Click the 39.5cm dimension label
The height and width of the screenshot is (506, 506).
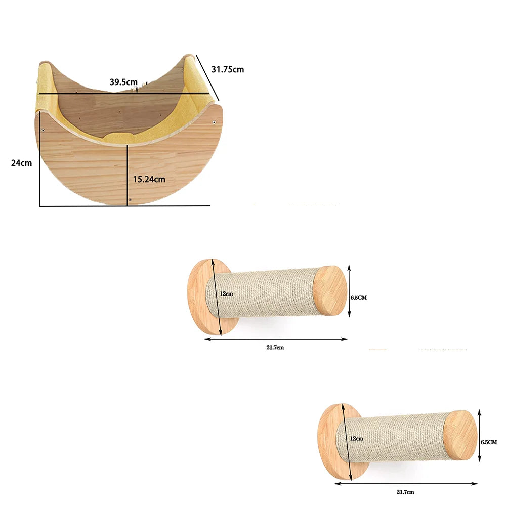pos(123,82)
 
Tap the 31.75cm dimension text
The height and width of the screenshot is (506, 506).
pos(228,69)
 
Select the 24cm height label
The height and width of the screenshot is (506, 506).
pos(22,163)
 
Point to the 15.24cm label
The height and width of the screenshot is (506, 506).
pos(149,179)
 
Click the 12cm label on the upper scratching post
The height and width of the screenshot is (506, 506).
pos(227,293)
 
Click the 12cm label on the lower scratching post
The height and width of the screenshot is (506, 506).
pos(357,438)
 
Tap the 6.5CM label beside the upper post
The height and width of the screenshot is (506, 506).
pos(359,297)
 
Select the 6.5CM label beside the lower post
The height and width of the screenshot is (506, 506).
pos(489,442)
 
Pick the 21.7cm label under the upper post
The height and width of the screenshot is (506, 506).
pos(275,347)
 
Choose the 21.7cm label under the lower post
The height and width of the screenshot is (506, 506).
pos(405,492)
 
